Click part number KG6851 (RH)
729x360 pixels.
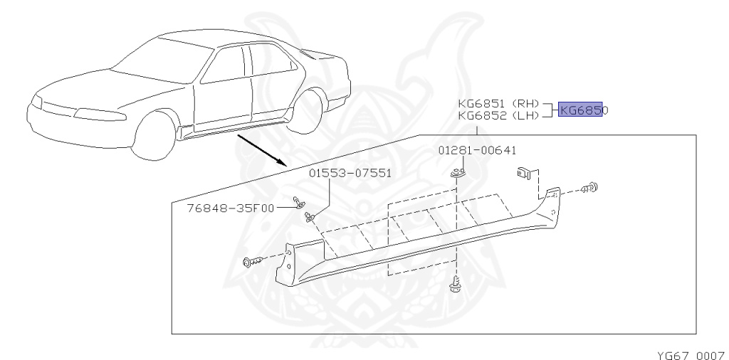498,102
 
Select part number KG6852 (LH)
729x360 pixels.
498,115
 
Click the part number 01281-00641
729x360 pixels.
477,150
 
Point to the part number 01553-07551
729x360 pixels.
350,173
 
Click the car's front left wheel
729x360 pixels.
155,134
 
